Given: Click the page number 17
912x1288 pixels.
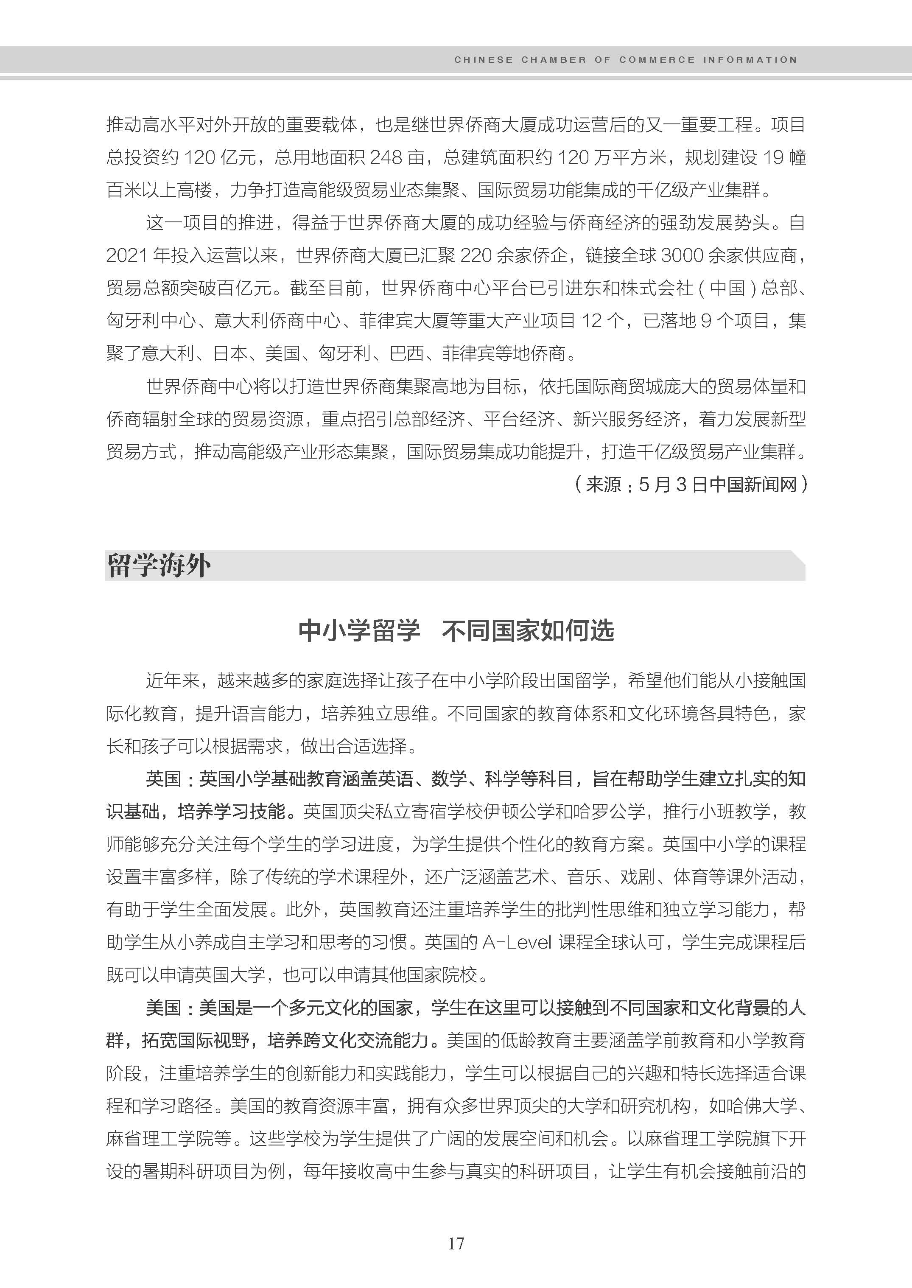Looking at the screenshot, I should (456, 1243).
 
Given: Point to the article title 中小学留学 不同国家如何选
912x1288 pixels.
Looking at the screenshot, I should (456, 630).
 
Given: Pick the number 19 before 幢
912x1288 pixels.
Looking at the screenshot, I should (773, 157).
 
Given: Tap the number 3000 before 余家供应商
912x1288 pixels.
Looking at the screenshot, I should (683, 255).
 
